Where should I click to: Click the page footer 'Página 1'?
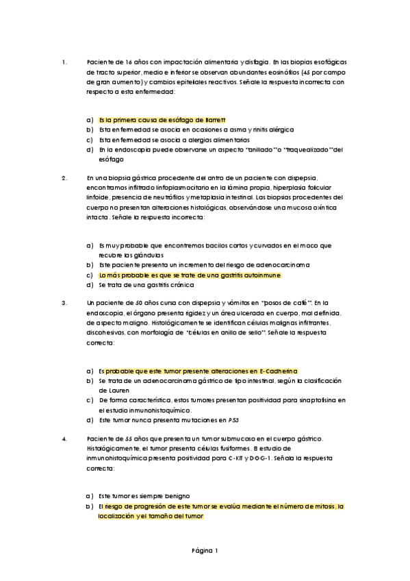(x=205, y=550)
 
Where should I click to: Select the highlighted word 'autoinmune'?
(x=262, y=275)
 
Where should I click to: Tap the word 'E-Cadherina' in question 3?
(x=279, y=371)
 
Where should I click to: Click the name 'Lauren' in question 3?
(x=110, y=391)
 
